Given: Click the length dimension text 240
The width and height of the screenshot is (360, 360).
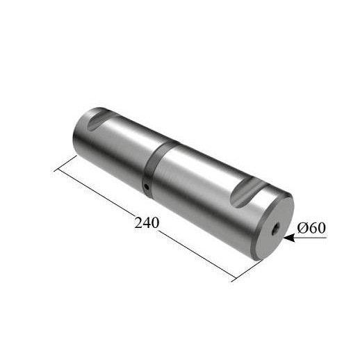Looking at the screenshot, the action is tap(147, 223).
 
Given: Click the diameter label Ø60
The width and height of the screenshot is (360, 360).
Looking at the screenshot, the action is tap(311, 228).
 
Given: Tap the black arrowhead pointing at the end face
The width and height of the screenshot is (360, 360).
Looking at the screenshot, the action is tap(289, 238).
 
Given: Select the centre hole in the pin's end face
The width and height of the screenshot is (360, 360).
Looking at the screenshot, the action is tap(276, 228).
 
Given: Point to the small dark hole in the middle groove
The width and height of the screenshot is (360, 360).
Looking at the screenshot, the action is tap(147, 186).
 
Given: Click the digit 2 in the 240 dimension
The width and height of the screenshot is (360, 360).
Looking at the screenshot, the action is tap(138, 223).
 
